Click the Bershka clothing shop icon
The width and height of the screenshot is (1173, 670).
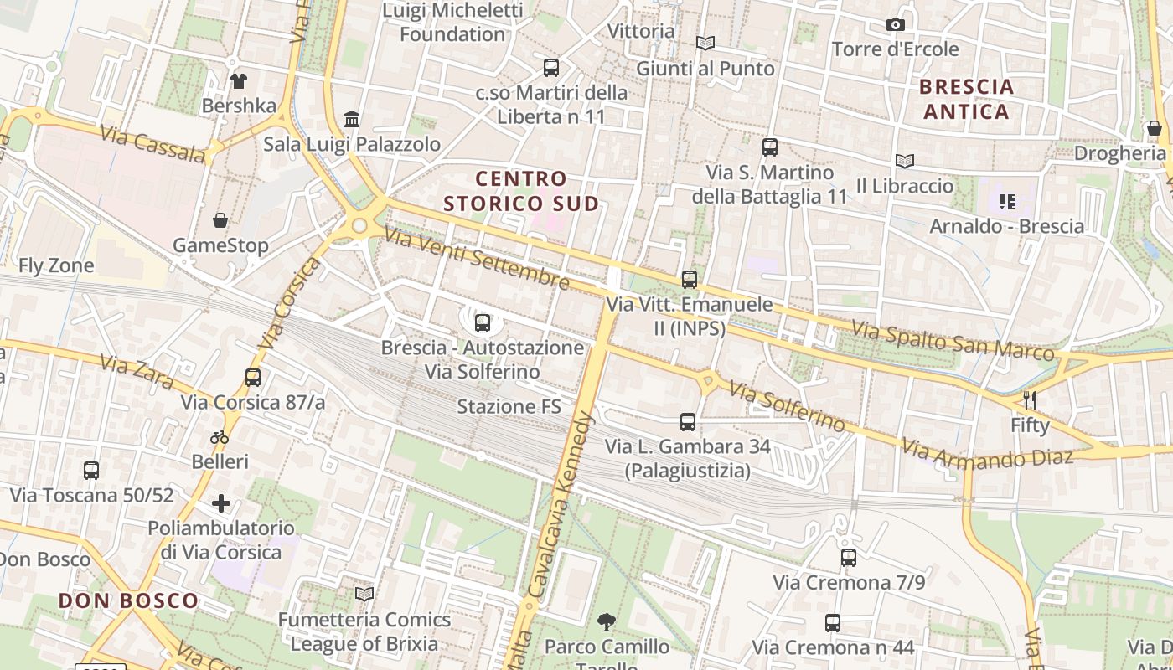(239, 81)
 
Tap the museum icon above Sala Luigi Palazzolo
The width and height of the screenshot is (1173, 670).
(352, 120)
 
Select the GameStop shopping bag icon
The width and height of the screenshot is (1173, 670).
(220, 221)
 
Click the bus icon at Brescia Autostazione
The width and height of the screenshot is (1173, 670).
(483, 322)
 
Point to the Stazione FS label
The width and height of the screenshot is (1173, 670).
(509, 407)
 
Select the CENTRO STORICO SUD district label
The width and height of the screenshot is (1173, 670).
(521, 191)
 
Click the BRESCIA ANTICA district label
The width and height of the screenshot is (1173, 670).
(966, 99)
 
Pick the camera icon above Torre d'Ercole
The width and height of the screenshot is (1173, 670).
(895, 25)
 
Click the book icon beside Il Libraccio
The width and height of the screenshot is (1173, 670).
(904, 161)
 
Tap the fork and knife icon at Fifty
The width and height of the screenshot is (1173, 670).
(1030, 399)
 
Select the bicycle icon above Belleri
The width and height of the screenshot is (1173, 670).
(220, 437)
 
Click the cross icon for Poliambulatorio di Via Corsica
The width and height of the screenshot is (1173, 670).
(221, 503)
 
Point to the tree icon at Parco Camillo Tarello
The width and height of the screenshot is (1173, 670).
(607, 622)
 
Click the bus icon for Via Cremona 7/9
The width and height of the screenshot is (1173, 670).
(849, 558)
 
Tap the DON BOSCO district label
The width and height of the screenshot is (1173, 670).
(128, 600)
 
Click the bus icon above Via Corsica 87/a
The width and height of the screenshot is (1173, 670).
(253, 378)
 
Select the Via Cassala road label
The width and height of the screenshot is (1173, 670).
(152, 144)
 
